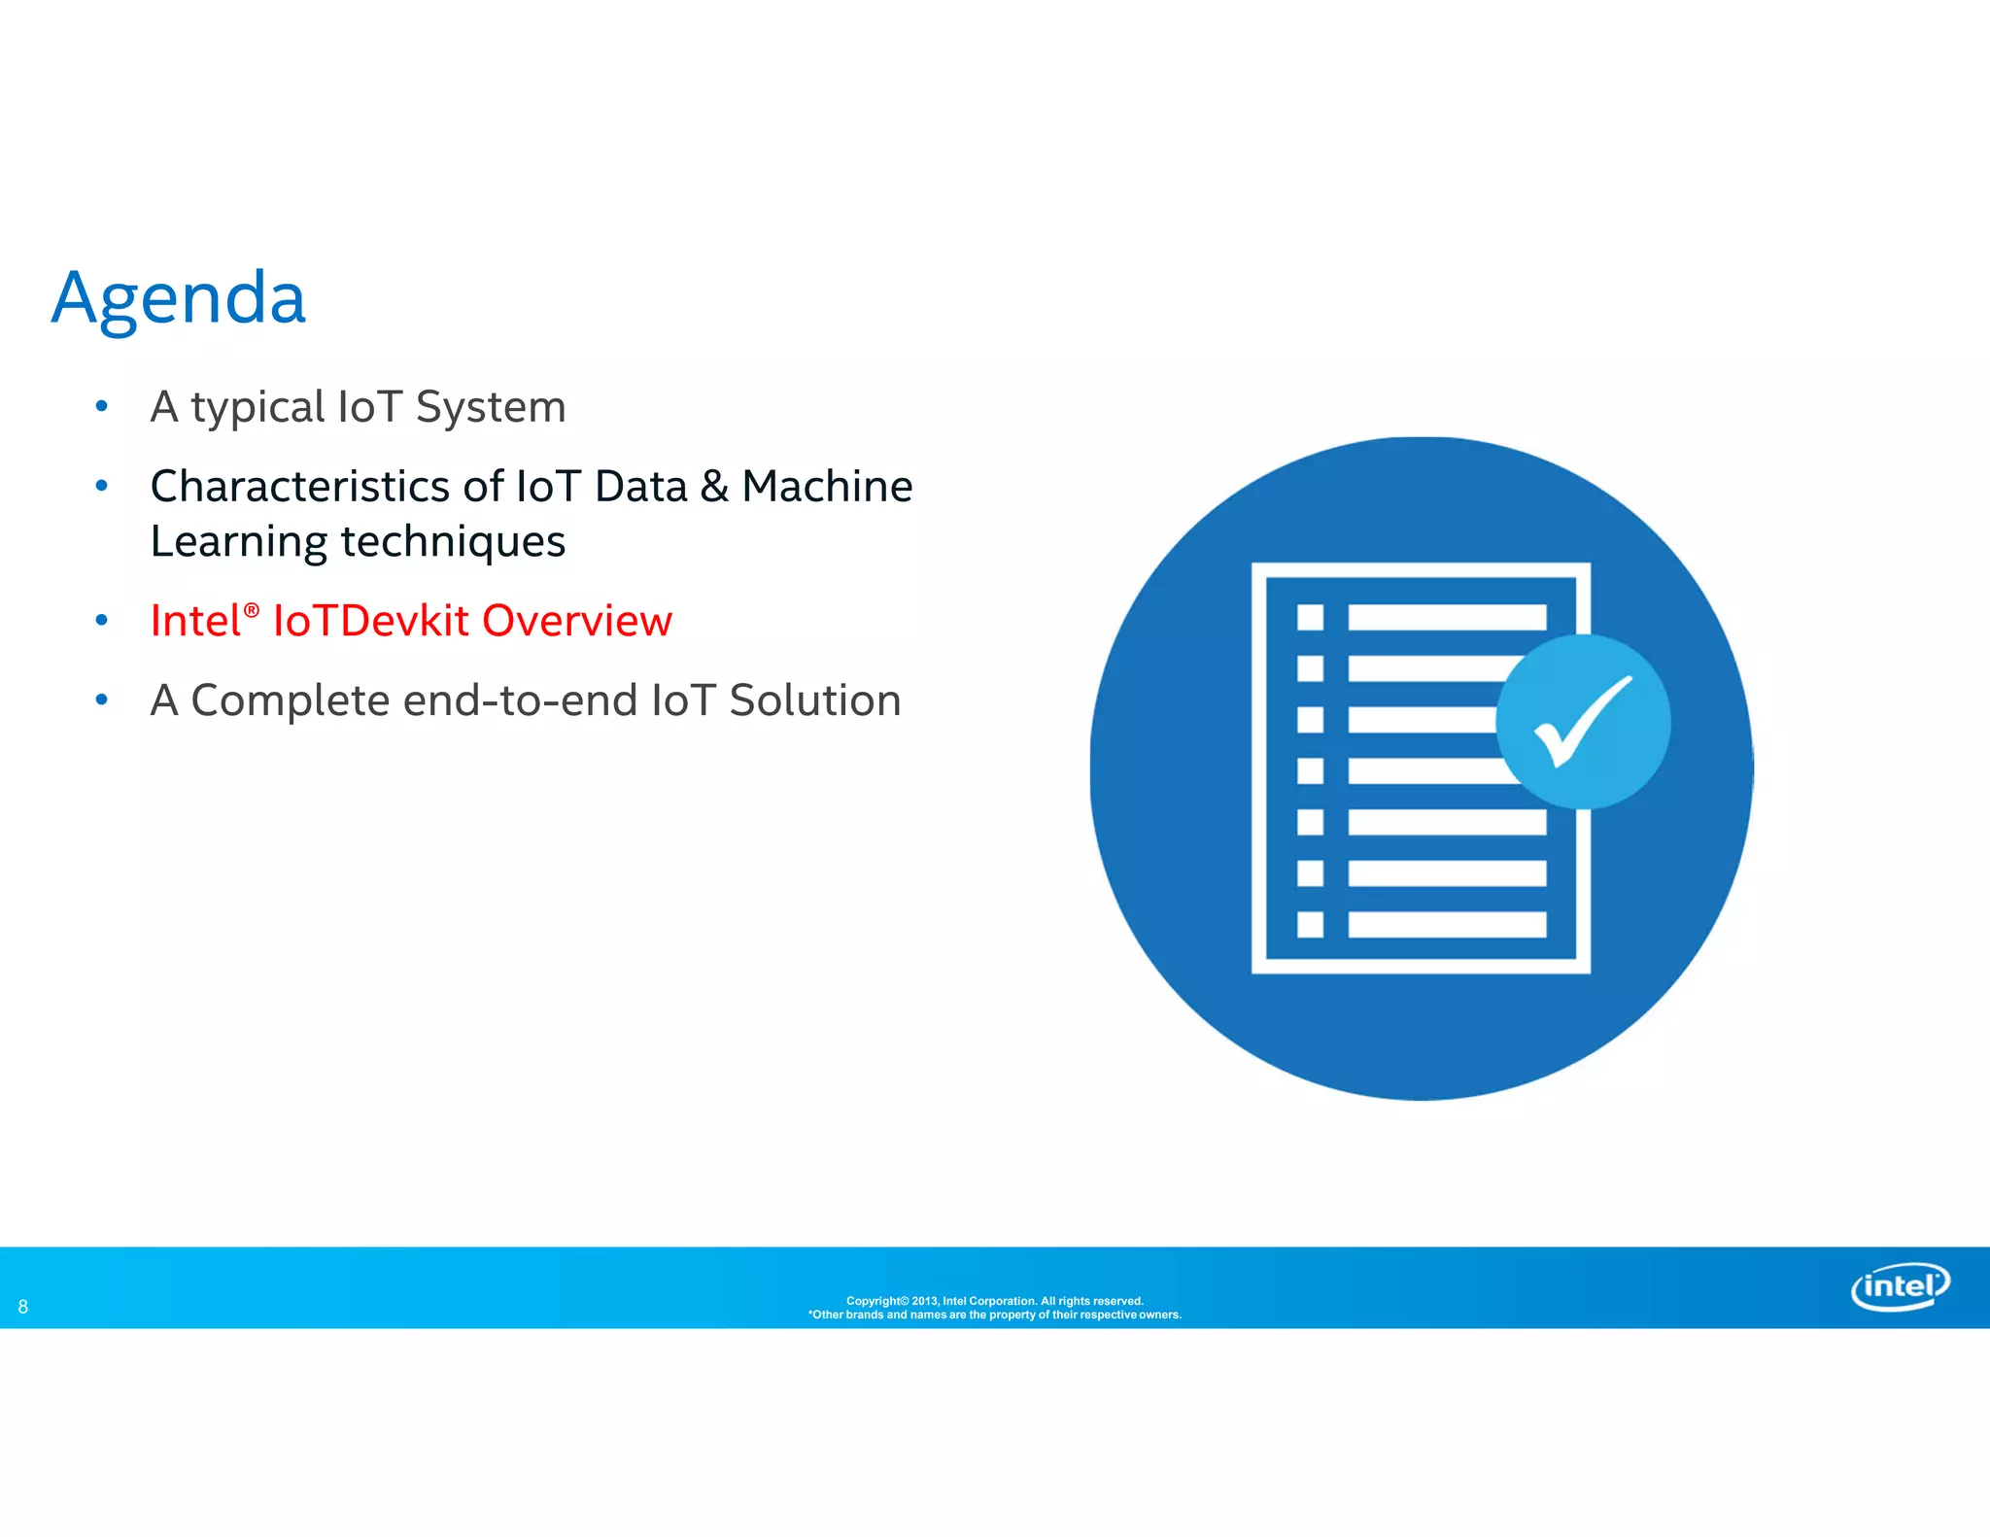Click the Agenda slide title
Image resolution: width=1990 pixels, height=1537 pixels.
coord(179,298)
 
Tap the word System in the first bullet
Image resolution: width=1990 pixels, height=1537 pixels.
coord(491,407)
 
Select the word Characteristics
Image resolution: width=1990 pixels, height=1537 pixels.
coord(299,487)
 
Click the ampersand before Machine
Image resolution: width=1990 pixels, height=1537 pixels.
coord(714,487)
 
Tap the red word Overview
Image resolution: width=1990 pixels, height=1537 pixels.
coord(577,622)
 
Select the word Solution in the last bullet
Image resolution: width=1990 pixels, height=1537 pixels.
coord(815,700)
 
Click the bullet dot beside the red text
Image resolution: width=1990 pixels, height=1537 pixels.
coord(102,620)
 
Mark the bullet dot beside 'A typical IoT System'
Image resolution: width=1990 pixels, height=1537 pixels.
coord(102,406)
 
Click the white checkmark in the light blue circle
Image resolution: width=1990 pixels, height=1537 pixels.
coord(1582,721)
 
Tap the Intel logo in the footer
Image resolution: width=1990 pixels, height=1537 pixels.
coord(1900,1286)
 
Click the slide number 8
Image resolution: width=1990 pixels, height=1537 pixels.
coord(23,1307)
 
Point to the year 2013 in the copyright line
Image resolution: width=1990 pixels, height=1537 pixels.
coord(924,1301)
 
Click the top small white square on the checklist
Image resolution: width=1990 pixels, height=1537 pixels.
coord(1310,617)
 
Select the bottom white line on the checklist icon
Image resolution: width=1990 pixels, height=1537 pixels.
coord(1447,924)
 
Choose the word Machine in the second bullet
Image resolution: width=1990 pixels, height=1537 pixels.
coord(827,487)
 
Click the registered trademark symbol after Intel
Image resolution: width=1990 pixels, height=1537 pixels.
coord(252,610)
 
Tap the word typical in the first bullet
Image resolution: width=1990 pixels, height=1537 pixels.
coord(257,407)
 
